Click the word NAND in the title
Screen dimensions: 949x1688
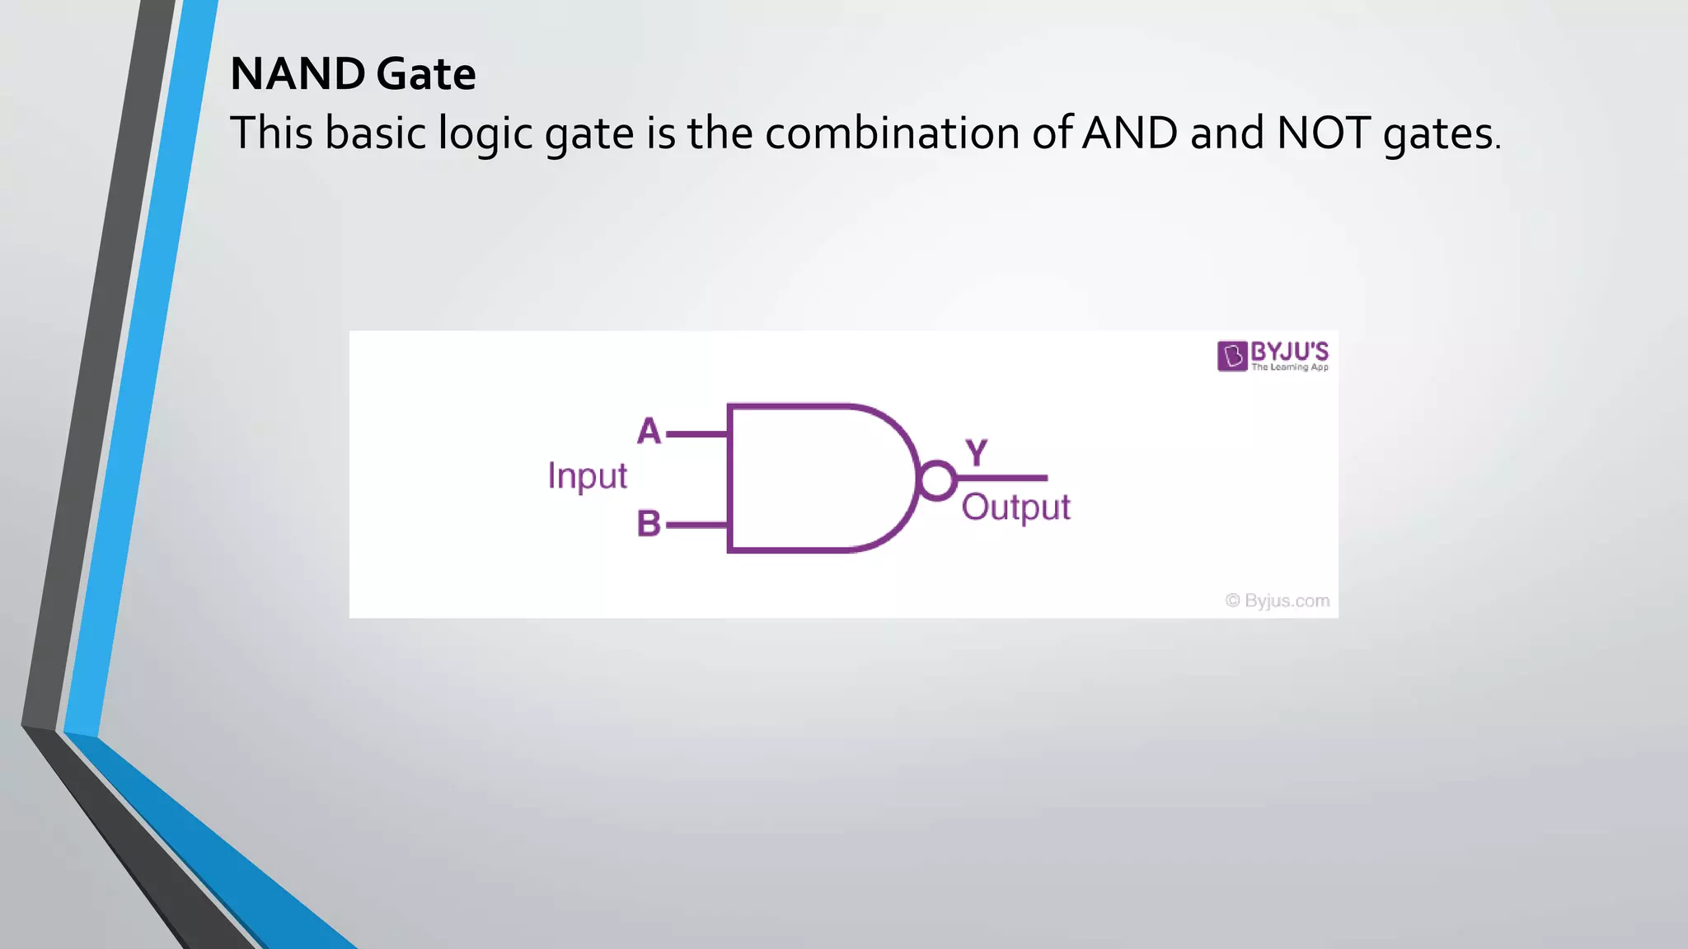click(x=297, y=74)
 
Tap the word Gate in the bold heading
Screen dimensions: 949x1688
click(x=425, y=74)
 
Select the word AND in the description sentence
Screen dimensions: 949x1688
click(x=1129, y=133)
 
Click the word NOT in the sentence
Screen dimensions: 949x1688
click(x=1323, y=133)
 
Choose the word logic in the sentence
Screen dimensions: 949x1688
click(x=485, y=134)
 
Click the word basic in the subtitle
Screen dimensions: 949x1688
click(x=375, y=133)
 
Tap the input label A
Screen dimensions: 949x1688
click(x=649, y=431)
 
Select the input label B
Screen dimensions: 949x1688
click(x=649, y=523)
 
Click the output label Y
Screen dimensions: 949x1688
click(x=977, y=452)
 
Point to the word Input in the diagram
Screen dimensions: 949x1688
click(x=587, y=477)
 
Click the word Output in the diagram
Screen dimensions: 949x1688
click(x=1015, y=507)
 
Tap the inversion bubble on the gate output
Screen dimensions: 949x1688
click(x=936, y=479)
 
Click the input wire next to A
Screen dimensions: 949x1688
click(x=696, y=433)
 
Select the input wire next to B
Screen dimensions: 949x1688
click(x=696, y=525)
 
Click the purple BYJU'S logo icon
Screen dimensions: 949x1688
click(x=1232, y=356)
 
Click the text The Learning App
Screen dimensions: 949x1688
click(x=1290, y=367)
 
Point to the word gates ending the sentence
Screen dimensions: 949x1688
click(x=1437, y=134)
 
